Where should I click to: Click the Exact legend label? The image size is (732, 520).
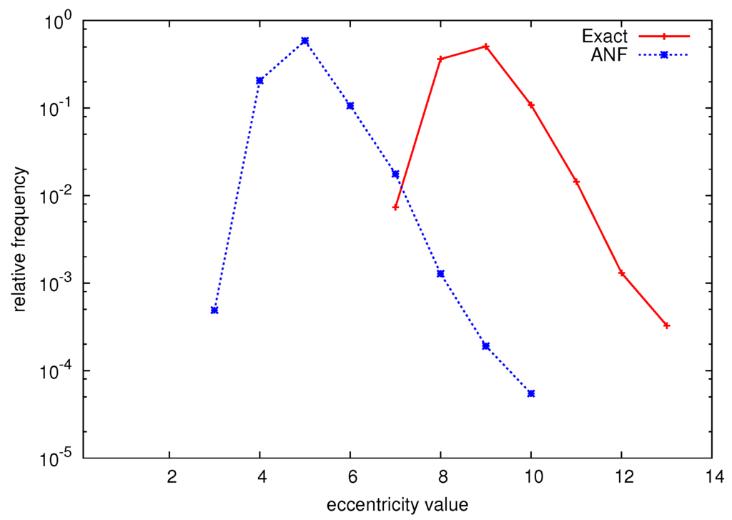coord(605,35)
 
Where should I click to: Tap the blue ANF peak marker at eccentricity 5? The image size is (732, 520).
coord(305,41)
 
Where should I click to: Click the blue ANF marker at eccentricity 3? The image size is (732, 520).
coord(214,310)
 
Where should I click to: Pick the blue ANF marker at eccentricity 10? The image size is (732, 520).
coord(531,393)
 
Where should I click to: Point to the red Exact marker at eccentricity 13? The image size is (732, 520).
coord(667,325)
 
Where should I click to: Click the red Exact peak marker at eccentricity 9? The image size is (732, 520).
coord(486,46)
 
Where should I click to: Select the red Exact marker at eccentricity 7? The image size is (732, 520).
coord(395,207)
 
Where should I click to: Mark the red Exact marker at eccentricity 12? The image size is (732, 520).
coord(622,273)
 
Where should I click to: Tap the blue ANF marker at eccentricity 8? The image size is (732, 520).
coord(441,273)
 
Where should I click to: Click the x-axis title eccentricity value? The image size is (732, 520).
coord(397,504)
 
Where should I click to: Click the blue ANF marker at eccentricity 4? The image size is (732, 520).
coord(259,80)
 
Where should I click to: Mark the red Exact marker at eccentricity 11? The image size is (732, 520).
coord(576,182)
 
